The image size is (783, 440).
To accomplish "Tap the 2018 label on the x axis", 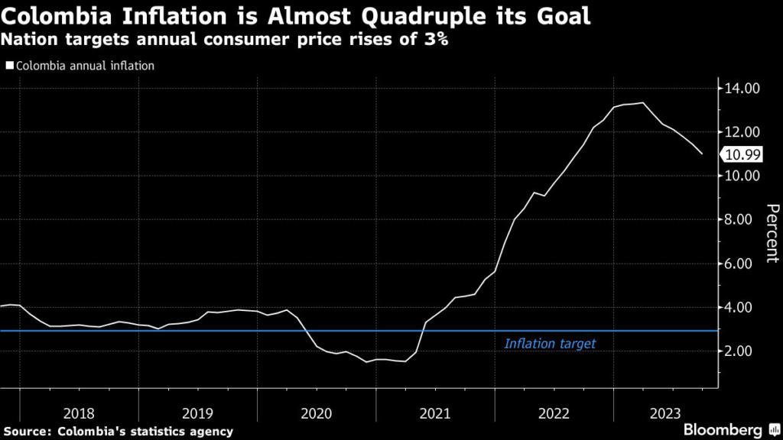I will tap(79, 413).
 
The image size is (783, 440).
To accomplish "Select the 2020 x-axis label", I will tap(317, 413).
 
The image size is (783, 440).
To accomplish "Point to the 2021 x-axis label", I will tap(435, 413).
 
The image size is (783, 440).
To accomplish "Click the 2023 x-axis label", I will tap(664, 413).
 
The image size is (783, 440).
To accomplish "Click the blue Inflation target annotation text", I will tap(550, 345).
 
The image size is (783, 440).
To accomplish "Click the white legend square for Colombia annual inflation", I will tap(9, 66).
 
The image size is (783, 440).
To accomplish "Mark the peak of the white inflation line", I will tap(642, 103).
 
